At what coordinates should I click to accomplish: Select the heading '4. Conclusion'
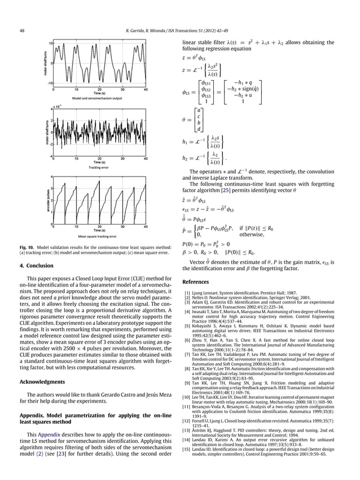point(37,276)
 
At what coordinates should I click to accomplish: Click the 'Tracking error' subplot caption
point(99,168)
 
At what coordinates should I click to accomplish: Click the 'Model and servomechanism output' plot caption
point(99,99)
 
